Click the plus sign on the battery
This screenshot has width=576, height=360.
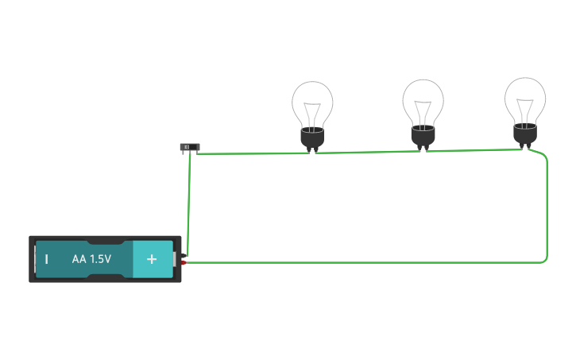[152, 259]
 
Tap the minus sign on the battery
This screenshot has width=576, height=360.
[47, 259]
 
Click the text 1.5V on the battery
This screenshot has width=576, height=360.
[101, 259]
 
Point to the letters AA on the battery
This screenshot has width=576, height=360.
[79, 259]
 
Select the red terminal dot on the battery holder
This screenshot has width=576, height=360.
[184, 262]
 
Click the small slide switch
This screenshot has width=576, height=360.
[189, 147]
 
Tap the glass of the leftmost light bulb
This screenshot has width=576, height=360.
[312, 103]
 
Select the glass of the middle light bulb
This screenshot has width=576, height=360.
[423, 100]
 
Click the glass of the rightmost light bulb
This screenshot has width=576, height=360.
[525, 98]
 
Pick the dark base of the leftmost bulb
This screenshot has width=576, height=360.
[312, 137]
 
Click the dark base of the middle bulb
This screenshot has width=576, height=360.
[423, 135]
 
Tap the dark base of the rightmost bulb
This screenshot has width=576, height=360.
[524, 133]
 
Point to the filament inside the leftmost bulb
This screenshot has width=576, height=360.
[312, 111]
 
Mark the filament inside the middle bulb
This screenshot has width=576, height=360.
[423, 109]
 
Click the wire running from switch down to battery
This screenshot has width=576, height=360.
[188, 199]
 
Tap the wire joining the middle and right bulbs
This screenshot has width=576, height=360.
[474, 149]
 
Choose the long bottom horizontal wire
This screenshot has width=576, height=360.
[365, 261]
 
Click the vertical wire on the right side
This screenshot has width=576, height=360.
[547, 207]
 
